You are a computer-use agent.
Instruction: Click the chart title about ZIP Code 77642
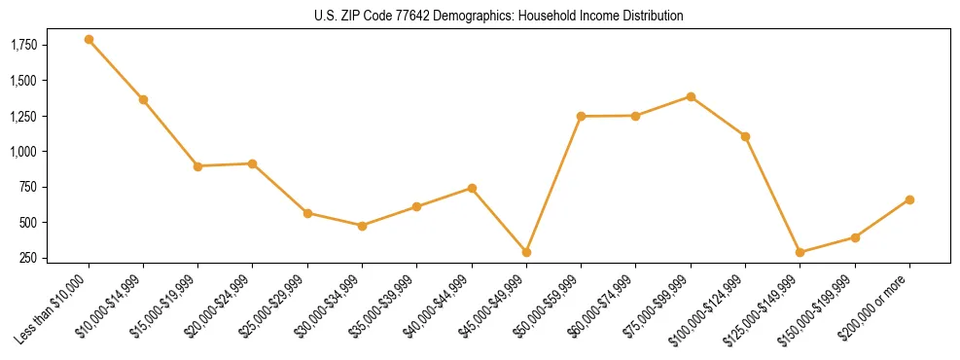tap(499, 16)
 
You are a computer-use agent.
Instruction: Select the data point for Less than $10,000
tap(89, 40)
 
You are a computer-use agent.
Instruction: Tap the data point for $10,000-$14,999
tap(143, 99)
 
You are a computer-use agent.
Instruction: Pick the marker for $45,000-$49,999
tap(526, 252)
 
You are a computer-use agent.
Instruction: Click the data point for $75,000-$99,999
tap(691, 96)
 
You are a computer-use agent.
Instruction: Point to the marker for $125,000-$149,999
tap(800, 252)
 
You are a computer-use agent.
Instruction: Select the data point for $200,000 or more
tap(909, 199)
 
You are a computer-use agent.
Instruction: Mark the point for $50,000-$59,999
tap(581, 116)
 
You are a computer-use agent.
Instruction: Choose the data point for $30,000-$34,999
tap(362, 226)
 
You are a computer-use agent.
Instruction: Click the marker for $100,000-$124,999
tap(745, 136)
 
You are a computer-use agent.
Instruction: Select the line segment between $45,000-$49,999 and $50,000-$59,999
tap(553, 184)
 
